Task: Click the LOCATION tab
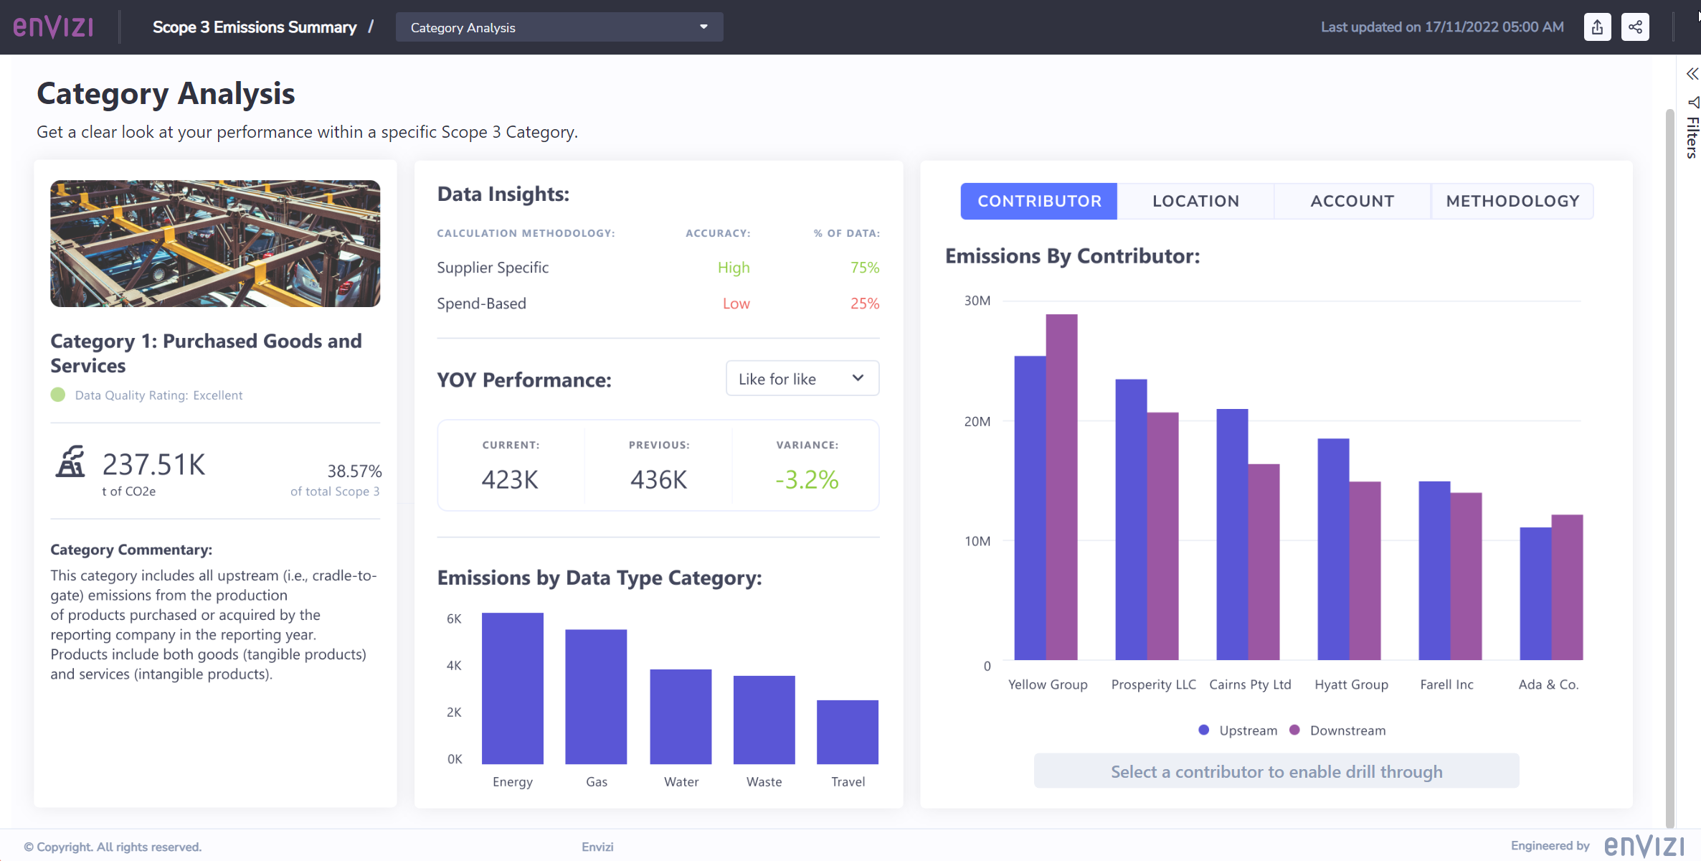pos(1195,202)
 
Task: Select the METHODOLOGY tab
pos(1512,202)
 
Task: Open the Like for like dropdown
pos(802,379)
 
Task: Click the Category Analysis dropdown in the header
pos(559,27)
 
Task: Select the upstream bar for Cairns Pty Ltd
pos(1232,535)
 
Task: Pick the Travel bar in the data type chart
pos(847,732)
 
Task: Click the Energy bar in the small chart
pos(512,688)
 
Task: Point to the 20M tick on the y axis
pos(977,422)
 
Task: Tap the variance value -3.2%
pos(807,479)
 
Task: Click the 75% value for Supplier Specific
pos(864,268)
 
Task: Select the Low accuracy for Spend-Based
pos(736,304)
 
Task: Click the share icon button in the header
pos(1635,27)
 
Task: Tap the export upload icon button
pos(1597,27)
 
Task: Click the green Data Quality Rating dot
pos(58,395)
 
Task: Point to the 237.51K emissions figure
pos(153,465)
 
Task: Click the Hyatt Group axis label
pos(1351,684)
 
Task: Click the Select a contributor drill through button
pos(1276,771)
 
